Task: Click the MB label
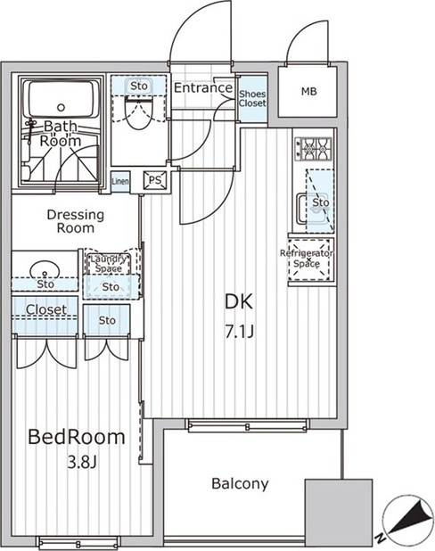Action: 308,92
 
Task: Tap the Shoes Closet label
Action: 252,99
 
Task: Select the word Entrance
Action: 203,87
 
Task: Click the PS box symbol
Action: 154,181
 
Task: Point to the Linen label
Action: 120,182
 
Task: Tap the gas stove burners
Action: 314,149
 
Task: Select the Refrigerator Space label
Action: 307,259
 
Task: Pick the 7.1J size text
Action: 239,331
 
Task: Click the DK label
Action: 239,301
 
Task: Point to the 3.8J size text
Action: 81,463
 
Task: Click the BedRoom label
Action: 77,437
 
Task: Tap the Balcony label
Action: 240,484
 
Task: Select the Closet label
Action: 46,309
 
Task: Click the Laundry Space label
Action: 109,264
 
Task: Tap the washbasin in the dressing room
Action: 45,270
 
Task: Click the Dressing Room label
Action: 76,221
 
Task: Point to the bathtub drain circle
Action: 62,107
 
